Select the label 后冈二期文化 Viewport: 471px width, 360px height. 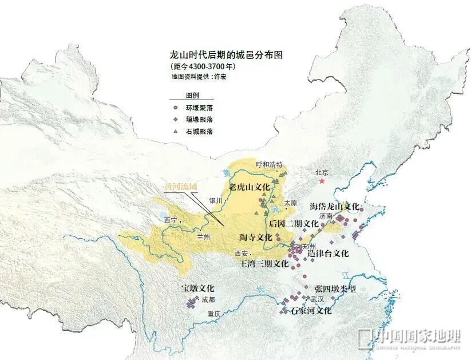click(294, 223)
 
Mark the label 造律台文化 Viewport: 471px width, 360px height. click(328, 253)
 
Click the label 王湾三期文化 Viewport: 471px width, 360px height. click(264, 264)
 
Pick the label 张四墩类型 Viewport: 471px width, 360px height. click(335, 289)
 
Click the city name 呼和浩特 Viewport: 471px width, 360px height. click(270, 164)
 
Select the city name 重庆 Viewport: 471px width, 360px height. click(215, 314)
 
